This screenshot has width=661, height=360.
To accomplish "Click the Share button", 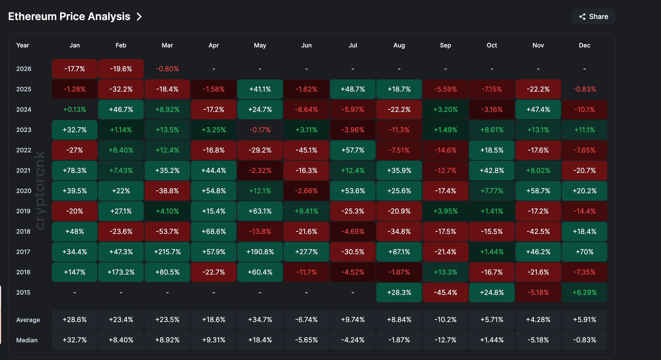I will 593,17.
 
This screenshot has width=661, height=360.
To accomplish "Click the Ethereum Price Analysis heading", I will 69,17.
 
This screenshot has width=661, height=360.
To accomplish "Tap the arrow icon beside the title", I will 139,17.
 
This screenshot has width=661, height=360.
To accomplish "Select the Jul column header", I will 352,45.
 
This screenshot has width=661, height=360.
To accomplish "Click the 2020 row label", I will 24,191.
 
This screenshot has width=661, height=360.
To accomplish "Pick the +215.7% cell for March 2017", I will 167,252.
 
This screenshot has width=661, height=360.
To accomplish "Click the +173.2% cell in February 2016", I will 121,272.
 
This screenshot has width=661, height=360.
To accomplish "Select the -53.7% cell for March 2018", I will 167,232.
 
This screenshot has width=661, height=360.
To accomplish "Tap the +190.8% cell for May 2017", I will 260,252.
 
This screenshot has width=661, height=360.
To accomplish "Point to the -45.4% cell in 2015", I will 445,292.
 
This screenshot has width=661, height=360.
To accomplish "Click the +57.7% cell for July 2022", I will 352,150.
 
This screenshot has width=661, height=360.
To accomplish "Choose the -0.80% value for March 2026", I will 167,69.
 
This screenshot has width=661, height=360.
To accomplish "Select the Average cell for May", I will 260,320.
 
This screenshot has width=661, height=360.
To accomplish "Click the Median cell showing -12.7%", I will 445,340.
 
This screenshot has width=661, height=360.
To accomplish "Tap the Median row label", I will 27,340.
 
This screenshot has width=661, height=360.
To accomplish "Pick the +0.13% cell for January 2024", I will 75,110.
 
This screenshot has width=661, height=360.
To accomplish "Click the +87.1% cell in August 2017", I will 399,252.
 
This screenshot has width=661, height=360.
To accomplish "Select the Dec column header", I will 584,45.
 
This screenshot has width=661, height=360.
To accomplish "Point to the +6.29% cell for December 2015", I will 584,292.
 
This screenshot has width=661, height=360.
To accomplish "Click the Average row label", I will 28,320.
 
